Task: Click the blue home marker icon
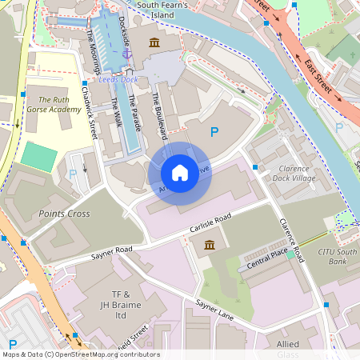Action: (180, 172)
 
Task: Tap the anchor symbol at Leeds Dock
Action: (126, 52)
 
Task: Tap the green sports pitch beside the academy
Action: (39, 155)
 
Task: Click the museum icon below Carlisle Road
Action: (209, 245)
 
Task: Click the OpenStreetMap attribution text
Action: (80, 354)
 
